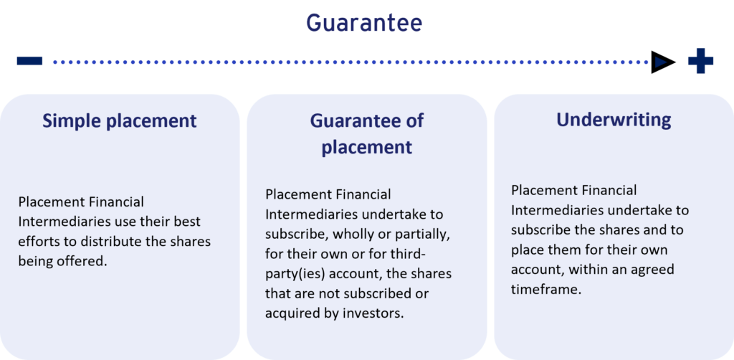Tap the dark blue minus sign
(29, 61)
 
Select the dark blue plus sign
(700, 61)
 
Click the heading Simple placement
(120, 120)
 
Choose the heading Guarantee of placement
(366, 134)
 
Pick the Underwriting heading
(614, 119)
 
